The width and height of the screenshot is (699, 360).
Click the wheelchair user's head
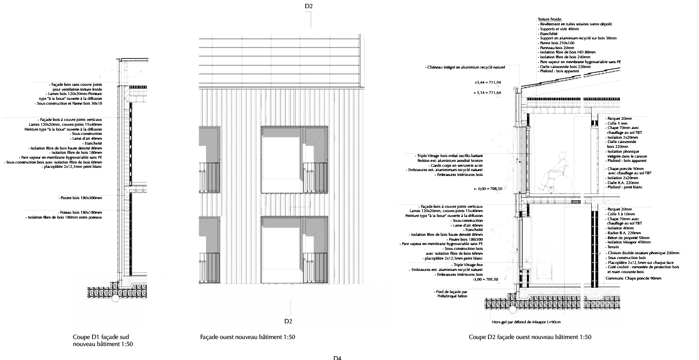tap(562, 157)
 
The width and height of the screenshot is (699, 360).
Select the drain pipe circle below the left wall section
tap(115, 297)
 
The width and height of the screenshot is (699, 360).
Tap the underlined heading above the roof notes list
tap(546, 19)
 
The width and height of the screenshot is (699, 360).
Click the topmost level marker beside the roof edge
tap(487, 83)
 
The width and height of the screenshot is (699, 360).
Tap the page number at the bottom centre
tap(338, 356)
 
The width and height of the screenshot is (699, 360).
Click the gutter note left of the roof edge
tap(466, 67)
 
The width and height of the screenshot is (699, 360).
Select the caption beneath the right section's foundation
tap(526, 322)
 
